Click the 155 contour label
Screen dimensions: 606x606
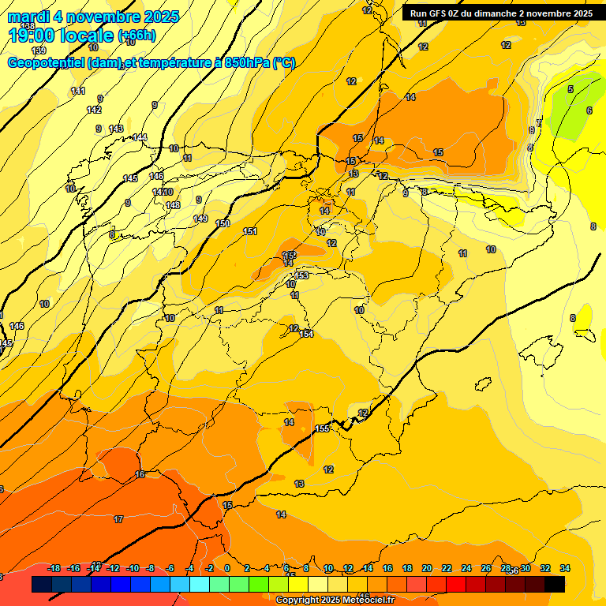pyautogui.click(x=322, y=428)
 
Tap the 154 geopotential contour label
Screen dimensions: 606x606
pyautogui.click(x=307, y=334)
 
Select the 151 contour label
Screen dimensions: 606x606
pyautogui.click(x=250, y=231)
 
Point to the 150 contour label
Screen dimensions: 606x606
pyautogui.click(x=223, y=223)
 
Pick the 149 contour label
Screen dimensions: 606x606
pyautogui.click(x=200, y=219)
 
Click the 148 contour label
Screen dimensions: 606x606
pyautogui.click(x=174, y=205)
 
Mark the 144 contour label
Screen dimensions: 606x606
pyautogui.click(x=140, y=137)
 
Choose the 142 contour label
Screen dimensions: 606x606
pyautogui.click(x=94, y=110)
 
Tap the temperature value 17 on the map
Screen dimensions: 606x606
pyautogui.click(x=118, y=519)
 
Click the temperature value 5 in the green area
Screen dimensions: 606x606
pyautogui.click(x=570, y=89)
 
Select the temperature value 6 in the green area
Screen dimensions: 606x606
pyautogui.click(x=589, y=110)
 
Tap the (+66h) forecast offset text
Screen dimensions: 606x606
pyautogui.click(x=137, y=36)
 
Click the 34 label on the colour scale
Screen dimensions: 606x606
pyautogui.click(x=565, y=568)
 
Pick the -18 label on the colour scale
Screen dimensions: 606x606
pyautogui.click(x=54, y=568)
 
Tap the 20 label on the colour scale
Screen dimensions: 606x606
pyautogui.click(x=427, y=568)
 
